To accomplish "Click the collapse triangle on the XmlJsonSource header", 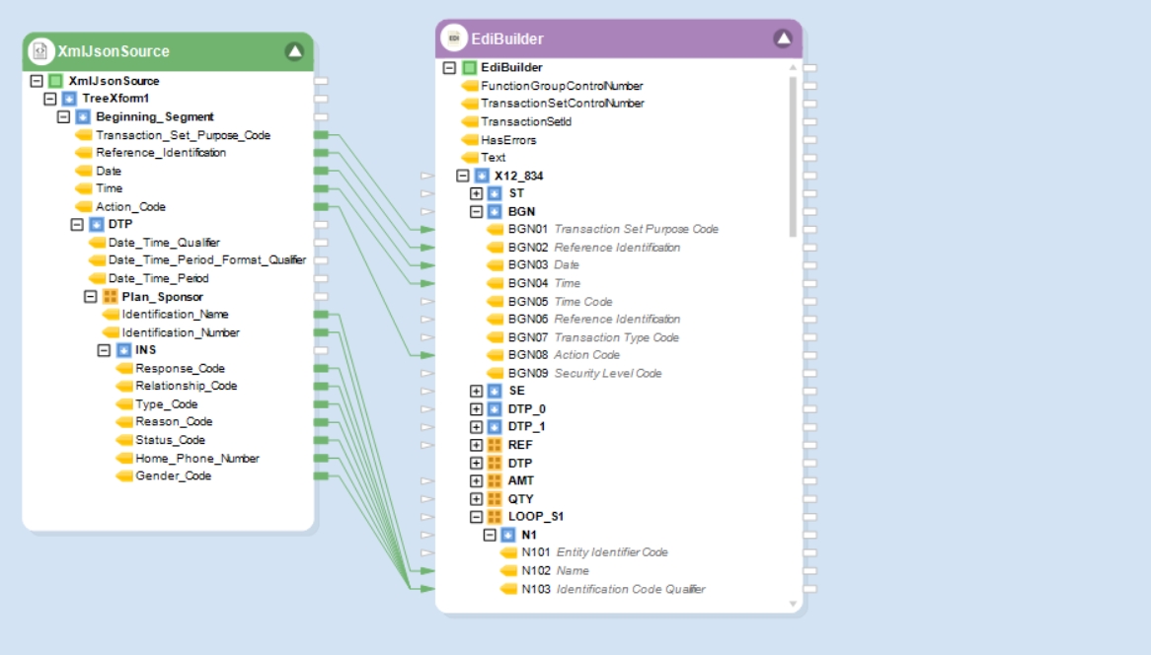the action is click(x=294, y=51).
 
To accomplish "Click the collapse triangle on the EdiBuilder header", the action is click(x=783, y=38).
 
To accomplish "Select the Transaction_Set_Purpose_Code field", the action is click(x=183, y=135).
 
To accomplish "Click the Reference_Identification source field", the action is click(x=161, y=153).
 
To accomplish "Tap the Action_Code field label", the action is click(x=130, y=207).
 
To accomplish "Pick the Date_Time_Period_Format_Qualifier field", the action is click(x=207, y=259).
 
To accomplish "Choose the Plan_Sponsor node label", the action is click(x=162, y=296).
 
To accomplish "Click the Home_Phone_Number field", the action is click(x=196, y=459).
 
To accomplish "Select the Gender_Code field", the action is click(x=173, y=476).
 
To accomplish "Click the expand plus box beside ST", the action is click(x=477, y=193).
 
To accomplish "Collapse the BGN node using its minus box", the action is click(x=477, y=211).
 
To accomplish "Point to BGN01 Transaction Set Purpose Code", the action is click(x=613, y=229).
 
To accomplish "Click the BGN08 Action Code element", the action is click(x=564, y=355).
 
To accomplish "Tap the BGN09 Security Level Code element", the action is click(x=584, y=373).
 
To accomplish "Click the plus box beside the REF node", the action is click(x=477, y=445).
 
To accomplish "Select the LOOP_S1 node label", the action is click(x=536, y=516).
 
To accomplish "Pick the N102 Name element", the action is click(x=555, y=570).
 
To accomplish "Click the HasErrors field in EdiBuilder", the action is click(x=508, y=139).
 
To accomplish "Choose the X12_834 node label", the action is click(x=518, y=176).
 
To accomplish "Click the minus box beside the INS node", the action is click(x=105, y=350).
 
